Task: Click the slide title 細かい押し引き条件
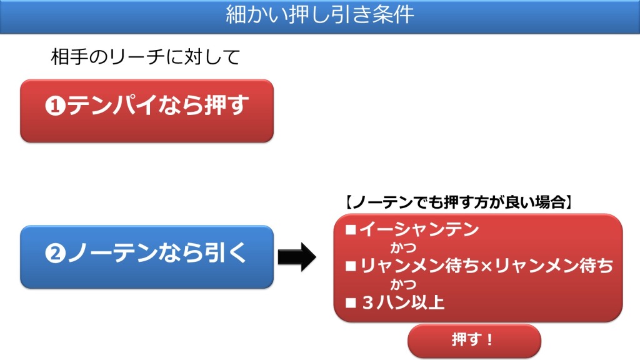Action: tap(320, 14)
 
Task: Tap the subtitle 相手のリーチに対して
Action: tap(145, 57)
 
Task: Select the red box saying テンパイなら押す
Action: tap(146, 111)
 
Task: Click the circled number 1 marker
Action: tap(56, 106)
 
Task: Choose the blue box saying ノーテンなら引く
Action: tap(146, 257)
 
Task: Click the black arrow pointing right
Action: tap(297, 257)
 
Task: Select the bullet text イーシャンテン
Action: tap(419, 229)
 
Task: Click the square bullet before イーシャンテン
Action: tap(351, 229)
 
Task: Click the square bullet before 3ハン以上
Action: tap(351, 303)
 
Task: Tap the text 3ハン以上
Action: tap(403, 302)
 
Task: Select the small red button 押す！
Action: tap(474, 341)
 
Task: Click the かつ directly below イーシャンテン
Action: tap(403, 247)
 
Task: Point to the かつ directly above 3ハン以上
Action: tap(403, 284)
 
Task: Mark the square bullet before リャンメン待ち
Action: tap(351, 266)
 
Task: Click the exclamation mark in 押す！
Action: tap(489, 339)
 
